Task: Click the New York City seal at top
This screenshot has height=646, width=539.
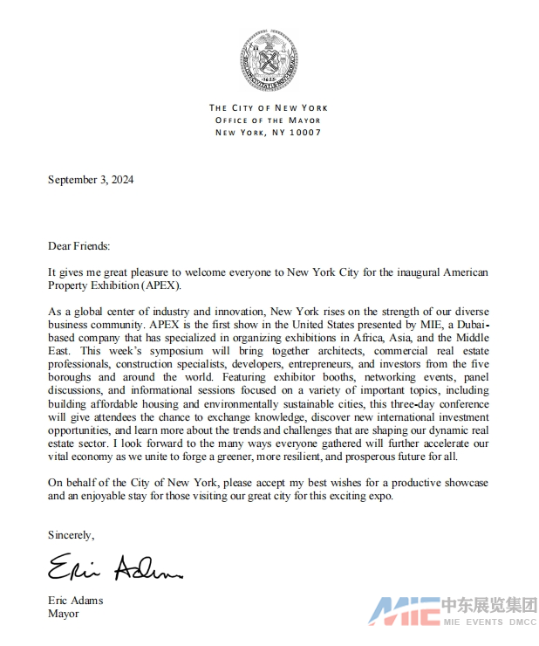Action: pos(269,59)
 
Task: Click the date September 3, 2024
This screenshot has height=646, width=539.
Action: pos(91,181)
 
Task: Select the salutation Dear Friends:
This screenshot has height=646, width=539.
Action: pos(79,247)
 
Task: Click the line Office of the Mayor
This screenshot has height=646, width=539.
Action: pos(268,120)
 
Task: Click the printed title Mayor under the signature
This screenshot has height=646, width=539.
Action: pos(64,614)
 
